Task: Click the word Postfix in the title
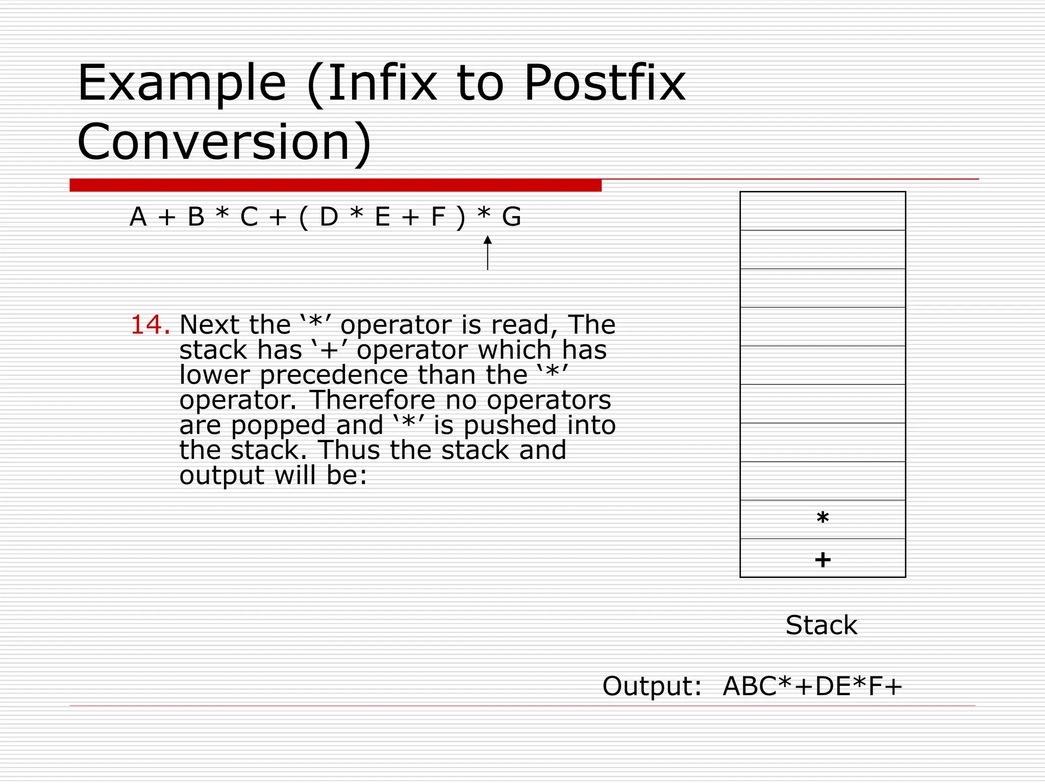click(605, 83)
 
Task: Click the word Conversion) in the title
click(225, 142)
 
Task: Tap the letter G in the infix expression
click(511, 217)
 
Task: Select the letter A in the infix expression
click(138, 217)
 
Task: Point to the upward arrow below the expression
click(488, 253)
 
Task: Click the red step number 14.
click(150, 325)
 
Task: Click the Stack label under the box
click(822, 625)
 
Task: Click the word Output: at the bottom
click(652, 686)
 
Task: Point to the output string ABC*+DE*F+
click(812, 686)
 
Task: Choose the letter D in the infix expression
click(329, 217)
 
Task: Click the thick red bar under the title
click(335, 185)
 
